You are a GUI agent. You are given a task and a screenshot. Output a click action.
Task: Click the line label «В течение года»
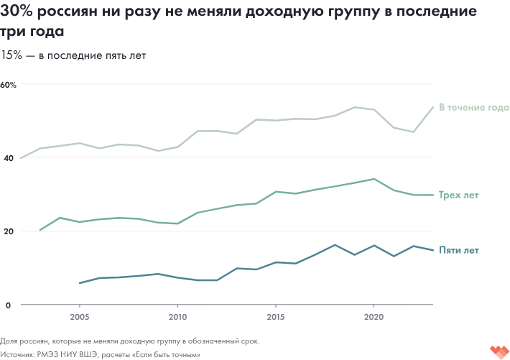[x=473, y=108]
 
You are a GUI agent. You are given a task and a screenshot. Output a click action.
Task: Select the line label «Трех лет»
[x=458, y=195]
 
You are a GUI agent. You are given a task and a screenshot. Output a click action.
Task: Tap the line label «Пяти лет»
[x=458, y=250]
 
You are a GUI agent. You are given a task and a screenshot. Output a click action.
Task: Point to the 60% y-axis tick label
[x=9, y=84]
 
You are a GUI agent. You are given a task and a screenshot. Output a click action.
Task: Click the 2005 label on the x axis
[x=79, y=316]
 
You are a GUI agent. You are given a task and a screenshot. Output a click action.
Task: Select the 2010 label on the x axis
[x=177, y=316]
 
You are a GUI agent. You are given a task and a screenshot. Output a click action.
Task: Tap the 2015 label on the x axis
[x=275, y=316]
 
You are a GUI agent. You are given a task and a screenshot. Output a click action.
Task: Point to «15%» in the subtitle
[x=11, y=55]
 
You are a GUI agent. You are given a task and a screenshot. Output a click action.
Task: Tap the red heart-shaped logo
[x=498, y=351]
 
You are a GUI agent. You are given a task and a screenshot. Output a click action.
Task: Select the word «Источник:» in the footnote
[x=19, y=354]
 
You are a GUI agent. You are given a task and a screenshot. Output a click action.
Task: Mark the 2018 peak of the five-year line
[x=335, y=245]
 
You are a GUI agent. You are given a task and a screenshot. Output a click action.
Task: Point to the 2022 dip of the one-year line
[x=413, y=131]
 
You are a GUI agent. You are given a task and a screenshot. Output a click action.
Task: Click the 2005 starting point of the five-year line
[x=80, y=283]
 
